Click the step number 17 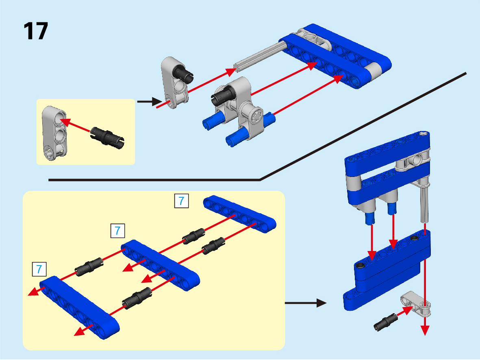[x=35, y=31]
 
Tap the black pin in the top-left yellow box [x=107, y=138]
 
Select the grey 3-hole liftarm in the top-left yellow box [x=54, y=133]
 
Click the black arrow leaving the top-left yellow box [x=150, y=101]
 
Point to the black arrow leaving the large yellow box [x=306, y=303]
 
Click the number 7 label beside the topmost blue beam [x=181, y=201]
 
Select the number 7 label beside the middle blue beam [x=117, y=230]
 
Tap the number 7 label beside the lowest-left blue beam [x=39, y=269]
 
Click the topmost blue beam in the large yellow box [x=240, y=214]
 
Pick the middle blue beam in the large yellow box [x=161, y=265]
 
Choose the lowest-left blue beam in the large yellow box [x=80, y=307]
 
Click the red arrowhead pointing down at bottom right [x=425, y=330]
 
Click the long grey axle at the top [x=260, y=55]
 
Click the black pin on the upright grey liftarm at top [x=183, y=74]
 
